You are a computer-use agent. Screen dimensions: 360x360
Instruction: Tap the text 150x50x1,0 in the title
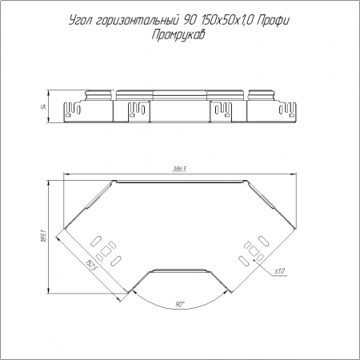(x=227, y=21)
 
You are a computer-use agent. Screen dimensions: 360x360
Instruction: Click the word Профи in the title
(x=273, y=21)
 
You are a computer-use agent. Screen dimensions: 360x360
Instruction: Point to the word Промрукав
(x=178, y=35)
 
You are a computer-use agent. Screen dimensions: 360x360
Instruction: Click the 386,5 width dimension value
(x=179, y=169)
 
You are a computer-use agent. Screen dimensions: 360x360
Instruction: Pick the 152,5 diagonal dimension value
(x=90, y=266)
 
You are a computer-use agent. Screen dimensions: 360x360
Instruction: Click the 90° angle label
(x=180, y=305)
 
